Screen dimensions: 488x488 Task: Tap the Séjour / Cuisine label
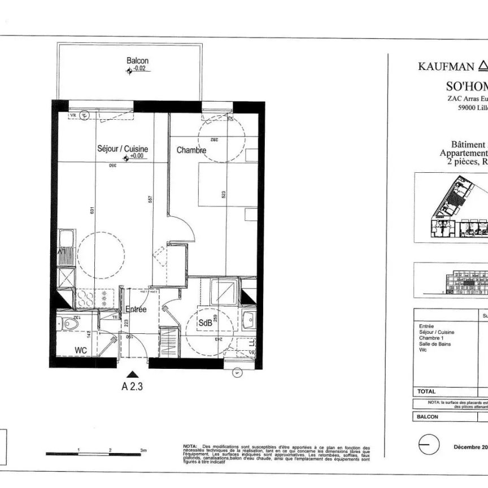[x=123, y=149]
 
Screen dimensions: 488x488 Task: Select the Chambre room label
[x=191, y=150]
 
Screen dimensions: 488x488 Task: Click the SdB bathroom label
[x=204, y=323]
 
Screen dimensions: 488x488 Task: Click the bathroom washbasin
[x=249, y=321]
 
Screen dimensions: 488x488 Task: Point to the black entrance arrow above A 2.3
[x=132, y=373]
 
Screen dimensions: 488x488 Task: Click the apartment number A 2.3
[x=132, y=387]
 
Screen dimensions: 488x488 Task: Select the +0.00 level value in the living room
[x=137, y=156]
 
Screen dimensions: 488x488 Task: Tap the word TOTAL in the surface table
[x=428, y=391]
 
